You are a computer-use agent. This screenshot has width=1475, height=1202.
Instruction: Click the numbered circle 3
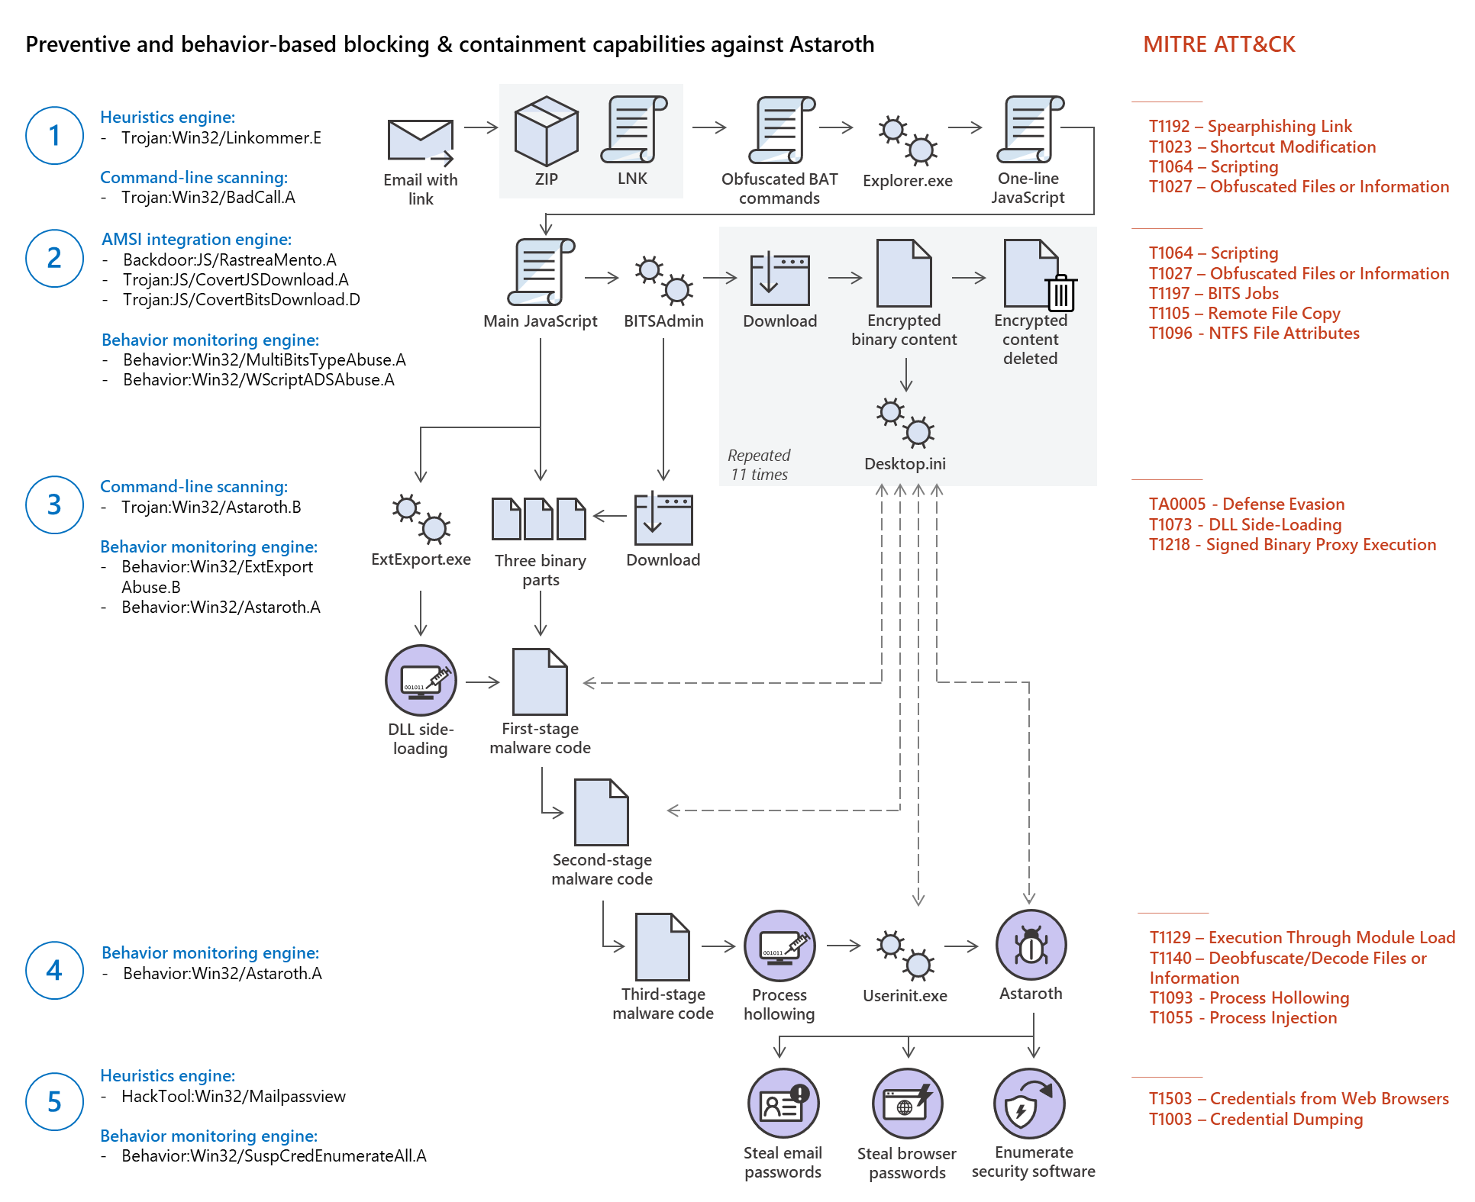pyautogui.click(x=54, y=504)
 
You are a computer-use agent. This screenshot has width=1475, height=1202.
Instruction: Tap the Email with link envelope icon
pyautogui.click(x=420, y=141)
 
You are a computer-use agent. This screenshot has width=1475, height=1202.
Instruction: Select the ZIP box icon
pyautogui.click(x=546, y=131)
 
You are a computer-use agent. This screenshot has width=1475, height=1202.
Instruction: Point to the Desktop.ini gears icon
pyautogui.click(x=905, y=422)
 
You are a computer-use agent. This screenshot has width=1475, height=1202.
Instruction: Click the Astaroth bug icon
pyautogui.click(x=1031, y=945)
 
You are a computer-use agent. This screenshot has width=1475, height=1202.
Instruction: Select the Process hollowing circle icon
pyautogui.click(x=779, y=946)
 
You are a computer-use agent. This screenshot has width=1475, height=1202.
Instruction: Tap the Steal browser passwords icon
pyautogui.click(x=907, y=1104)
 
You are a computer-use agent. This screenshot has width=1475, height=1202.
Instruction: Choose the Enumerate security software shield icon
pyautogui.click(x=1029, y=1104)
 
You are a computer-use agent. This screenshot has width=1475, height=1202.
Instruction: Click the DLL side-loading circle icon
pyautogui.click(x=421, y=680)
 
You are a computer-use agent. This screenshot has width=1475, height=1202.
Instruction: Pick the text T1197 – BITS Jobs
pyautogui.click(x=1213, y=293)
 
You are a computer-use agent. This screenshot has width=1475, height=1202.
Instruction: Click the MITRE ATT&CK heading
pyautogui.click(x=1218, y=44)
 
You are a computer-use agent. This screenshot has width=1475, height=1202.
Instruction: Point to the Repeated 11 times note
pyautogui.click(x=758, y=465)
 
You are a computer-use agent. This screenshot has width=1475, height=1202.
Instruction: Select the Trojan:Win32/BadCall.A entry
pyautogui.click(x=208, y=197)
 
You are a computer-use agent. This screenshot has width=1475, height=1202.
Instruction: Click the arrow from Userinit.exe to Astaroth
pyautogui.click(x=961, y=946)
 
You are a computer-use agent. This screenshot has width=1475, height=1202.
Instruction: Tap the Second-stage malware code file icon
pyautogui.click(x=602, y=812)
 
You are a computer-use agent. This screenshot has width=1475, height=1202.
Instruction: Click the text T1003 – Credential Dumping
pyautogui.click(x=1255, y=1119)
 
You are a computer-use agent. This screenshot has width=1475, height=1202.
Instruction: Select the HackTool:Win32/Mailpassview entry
pyautogui.click(x=233, y=1096)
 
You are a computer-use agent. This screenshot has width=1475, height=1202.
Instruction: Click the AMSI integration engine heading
pyautogui.click(x=196, y=239)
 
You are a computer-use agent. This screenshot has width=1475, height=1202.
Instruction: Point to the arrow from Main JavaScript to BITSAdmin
pyautogui.click(x=602, y=278)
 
